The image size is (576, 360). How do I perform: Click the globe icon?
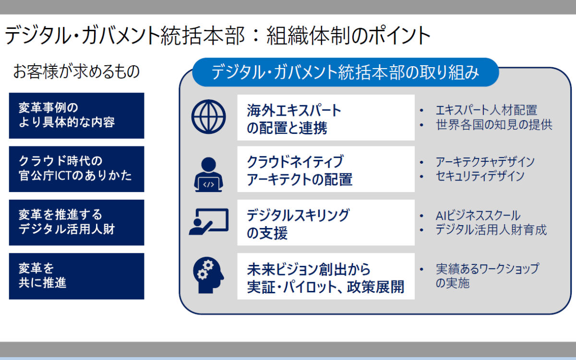(208, 117)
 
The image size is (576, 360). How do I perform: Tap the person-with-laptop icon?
(208, 175)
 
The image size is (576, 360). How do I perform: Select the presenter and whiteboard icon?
(208, 222)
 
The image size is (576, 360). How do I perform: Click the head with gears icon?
(208, 275)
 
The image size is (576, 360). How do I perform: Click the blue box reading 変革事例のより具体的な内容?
(77, 116)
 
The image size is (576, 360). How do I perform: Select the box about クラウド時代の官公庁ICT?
(77, 169)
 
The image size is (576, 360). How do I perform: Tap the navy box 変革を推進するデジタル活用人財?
(77, 223)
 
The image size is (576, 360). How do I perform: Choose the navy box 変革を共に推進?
(77, 276)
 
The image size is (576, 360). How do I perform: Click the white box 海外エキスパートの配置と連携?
(326, 118)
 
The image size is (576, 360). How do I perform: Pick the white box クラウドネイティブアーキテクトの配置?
(326, 169)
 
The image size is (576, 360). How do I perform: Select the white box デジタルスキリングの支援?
(326, 223)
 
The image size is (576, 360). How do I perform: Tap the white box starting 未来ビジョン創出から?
(326, 276)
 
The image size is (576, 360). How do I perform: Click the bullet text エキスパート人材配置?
(487, 110)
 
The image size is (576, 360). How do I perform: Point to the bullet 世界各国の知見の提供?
(494, 125)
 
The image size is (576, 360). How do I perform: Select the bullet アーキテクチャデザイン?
(485, 162)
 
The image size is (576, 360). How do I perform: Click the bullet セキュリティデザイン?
(480, 176)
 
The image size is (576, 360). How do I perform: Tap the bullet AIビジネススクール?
(478, 215)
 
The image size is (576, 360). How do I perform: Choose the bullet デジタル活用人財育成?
(491, 229)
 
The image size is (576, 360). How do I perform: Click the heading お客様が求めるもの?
(76, 71)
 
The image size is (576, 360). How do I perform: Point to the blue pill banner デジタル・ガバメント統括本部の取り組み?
(345, 72)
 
